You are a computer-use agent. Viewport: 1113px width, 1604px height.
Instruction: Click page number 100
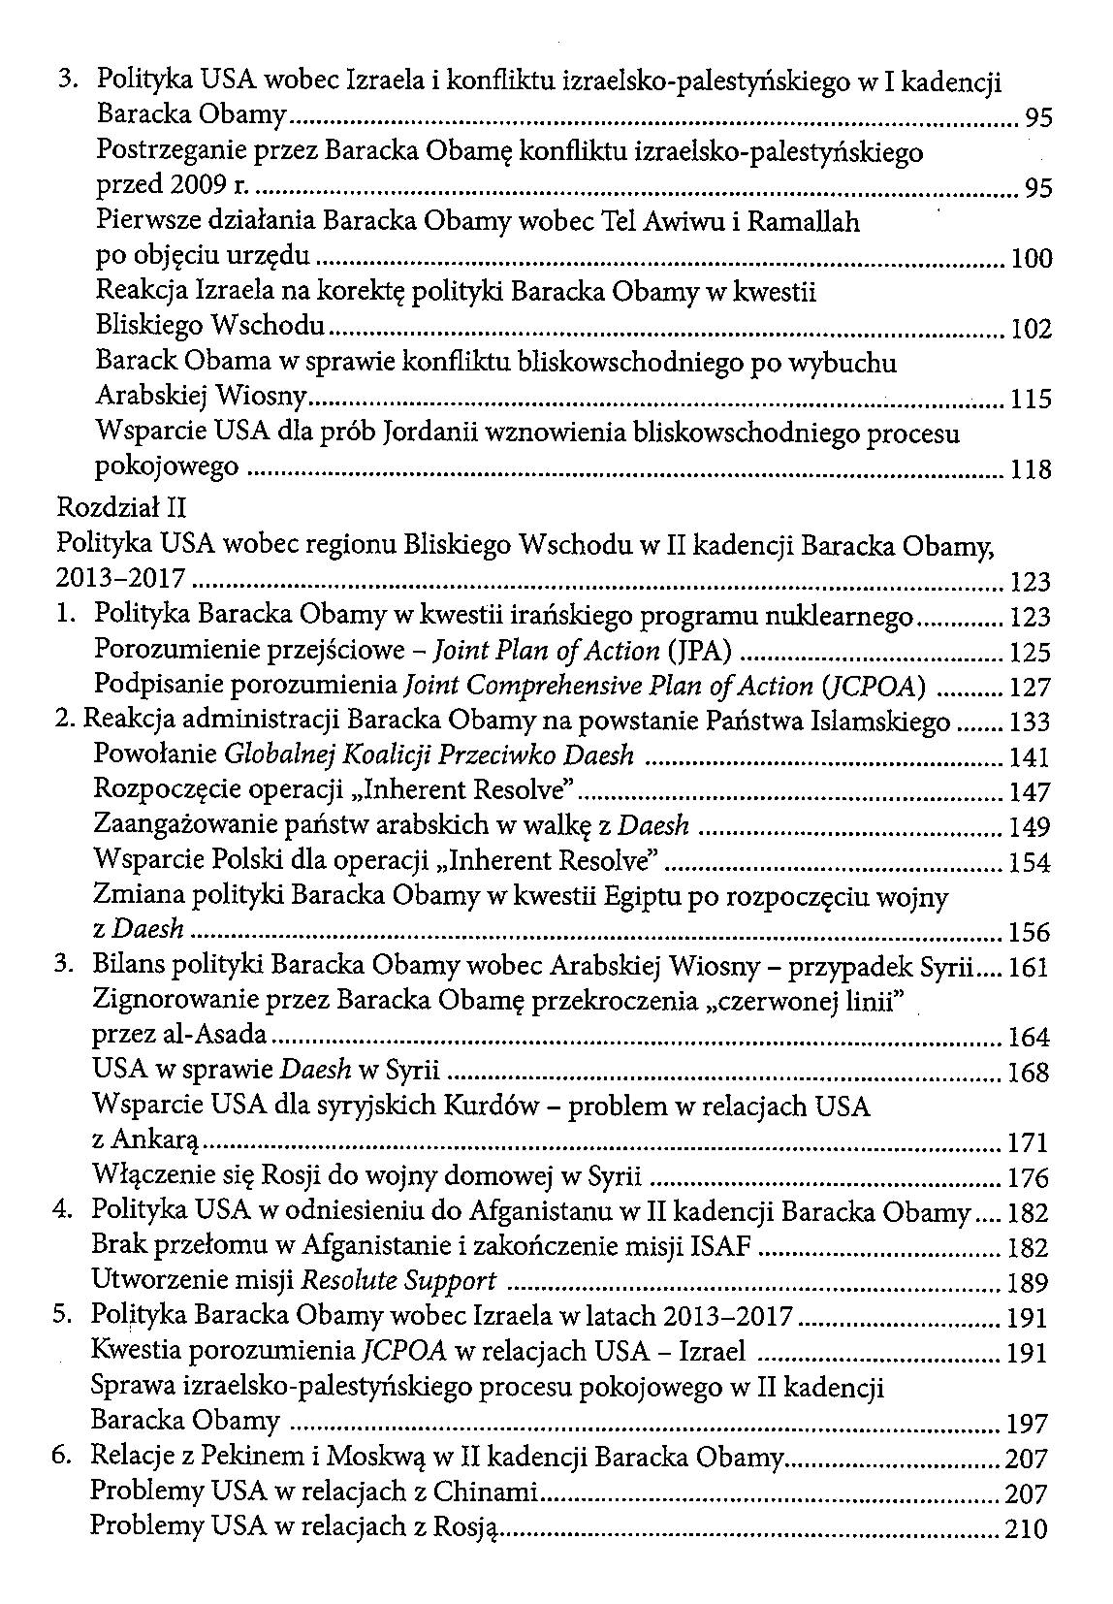pos(1031,259)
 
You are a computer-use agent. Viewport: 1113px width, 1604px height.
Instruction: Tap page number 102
pos(1031,330)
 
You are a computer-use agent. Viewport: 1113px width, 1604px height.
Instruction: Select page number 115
pos(1031,400)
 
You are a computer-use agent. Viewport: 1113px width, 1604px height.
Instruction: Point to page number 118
pos(1031,470)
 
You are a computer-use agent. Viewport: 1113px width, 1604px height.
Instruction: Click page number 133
pos(1030,722)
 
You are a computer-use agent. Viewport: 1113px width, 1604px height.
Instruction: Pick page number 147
pos(1030,792)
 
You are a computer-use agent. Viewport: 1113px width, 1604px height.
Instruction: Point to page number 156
pos(1030,933)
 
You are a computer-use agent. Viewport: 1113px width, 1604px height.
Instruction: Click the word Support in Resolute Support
pos(450,1282)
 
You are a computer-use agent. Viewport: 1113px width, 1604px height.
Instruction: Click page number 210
pos(1028,1529)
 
